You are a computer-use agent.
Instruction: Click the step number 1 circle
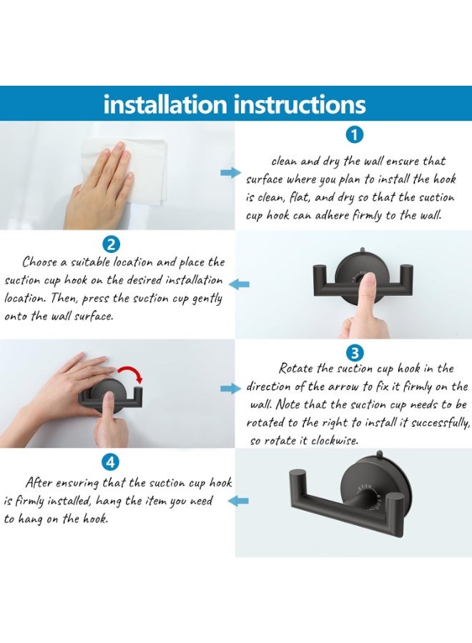pyautogui.click(x=355, y=135)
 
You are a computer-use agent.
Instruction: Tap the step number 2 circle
pyautogui.click(x=111, y=245)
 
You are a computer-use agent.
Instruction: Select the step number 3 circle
pyautogui.click(x=355, y=353)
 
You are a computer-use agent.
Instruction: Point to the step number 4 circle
pyautogui.click(x=110, y=462)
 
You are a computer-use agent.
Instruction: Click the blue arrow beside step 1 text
pyautogui.click(x=231, y=173)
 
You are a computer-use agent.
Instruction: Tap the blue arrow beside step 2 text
pyautogui.click(x=239, y=284)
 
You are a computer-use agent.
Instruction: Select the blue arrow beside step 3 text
pyautogui.click(x=231, y=389)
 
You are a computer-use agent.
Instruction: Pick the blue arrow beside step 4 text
pyautogui.click(x=238, y=500)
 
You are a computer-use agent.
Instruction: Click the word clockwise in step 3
pyautogui.click(x=335, y=441)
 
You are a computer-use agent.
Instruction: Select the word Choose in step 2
pyautogui.click(x=40, y=261)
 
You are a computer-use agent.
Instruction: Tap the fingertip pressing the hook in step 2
pyautogui.click(x=370, y=281)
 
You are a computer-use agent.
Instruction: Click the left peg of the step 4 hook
pyautogui.click(x=297, y=478)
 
